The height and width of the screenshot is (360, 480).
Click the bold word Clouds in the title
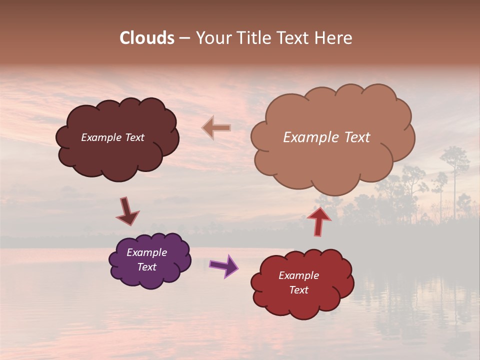point(147,38)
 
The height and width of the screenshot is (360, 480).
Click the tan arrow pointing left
point(216,128)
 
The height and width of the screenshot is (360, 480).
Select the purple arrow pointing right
point(224,265)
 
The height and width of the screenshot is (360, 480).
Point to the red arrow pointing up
point(319,220)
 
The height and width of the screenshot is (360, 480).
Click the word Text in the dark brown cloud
point(134,137)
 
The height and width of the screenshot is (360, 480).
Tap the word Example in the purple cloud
point(147,252)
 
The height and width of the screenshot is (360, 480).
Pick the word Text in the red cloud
point(299,290)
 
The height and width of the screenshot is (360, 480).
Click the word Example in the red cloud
point(299,275)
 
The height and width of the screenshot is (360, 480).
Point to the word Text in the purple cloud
point(147,267)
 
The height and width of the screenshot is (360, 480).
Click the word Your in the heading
point(214,38)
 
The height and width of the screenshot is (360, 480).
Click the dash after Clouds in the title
point(184,38)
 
